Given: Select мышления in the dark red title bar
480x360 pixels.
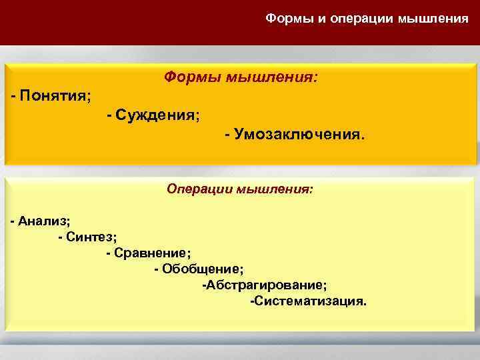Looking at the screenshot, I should [x=433, y=17].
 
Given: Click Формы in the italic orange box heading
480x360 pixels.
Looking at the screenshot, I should [x=191, y=78].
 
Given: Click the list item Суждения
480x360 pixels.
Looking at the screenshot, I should [x=157, y=115].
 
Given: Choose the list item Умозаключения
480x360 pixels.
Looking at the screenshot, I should [x=299, y=135].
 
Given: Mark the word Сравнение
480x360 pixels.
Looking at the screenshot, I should [x=151, y=253].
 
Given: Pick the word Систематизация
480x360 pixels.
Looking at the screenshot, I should [x=310, y=301].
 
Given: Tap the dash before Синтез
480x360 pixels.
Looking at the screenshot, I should [x=61, y=237].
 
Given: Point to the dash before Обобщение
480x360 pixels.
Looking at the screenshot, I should [x=156, y=269].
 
